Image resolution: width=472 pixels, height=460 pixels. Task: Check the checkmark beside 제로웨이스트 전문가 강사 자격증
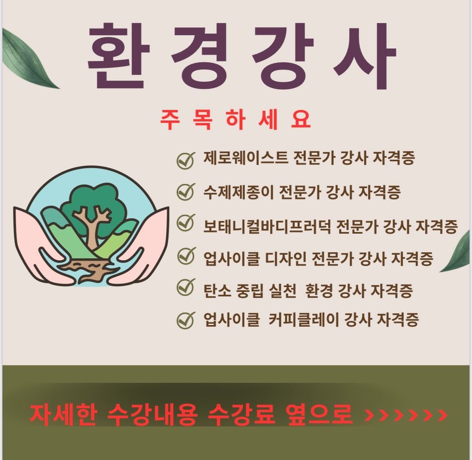185,160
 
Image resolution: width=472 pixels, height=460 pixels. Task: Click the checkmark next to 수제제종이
185,191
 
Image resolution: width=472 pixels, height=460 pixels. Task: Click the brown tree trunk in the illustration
92,231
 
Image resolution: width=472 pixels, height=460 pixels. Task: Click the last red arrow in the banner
442,415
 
